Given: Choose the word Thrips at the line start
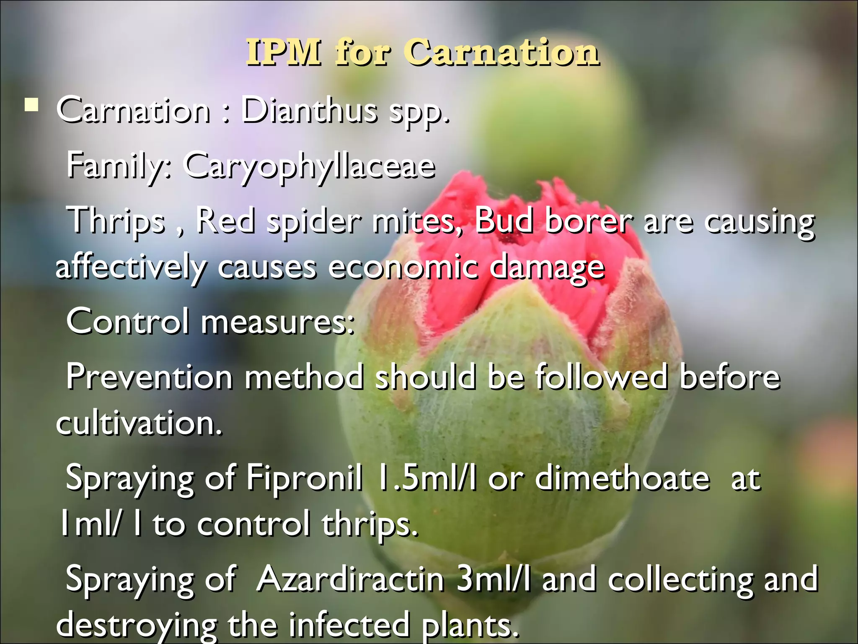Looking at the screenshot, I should point(117,221).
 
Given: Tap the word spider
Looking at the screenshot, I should point(314,221).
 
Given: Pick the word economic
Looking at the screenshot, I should point(403,267).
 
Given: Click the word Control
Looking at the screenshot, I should point(127,321).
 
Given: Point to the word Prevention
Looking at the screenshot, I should point(149,377).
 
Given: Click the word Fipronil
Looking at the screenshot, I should point(304,478).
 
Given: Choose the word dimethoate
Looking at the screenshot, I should point(623,478).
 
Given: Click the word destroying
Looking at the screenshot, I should point(137,625).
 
